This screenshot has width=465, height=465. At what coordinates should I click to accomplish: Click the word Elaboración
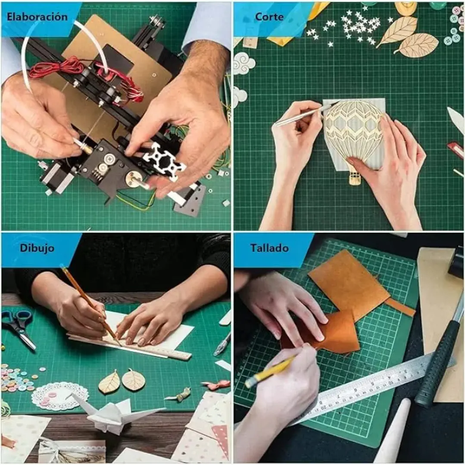click(37, 17)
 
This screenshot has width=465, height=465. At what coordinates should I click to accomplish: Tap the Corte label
click(269, 17)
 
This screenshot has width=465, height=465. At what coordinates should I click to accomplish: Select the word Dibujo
click(37, 248)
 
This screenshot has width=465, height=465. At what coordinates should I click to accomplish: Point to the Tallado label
click(269, 248)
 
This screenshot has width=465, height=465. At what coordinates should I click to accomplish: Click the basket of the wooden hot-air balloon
click(355, 178)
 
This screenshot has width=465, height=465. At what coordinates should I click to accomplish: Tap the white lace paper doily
click(59, 396)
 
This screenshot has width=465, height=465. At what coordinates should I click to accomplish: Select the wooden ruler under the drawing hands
click(131, 347)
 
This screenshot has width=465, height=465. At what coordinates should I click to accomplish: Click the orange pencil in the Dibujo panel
click(90, 306)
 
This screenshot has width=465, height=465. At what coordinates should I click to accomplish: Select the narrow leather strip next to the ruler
click(400, 307)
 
